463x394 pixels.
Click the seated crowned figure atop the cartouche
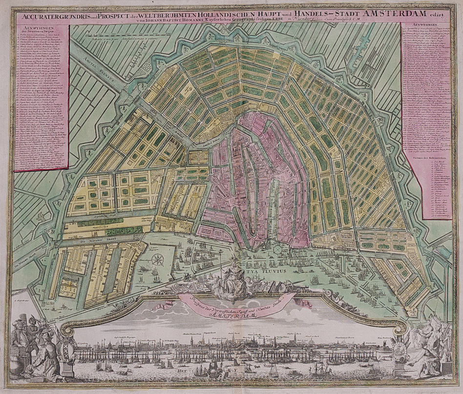pyautogui.click(x=233, y=276)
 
